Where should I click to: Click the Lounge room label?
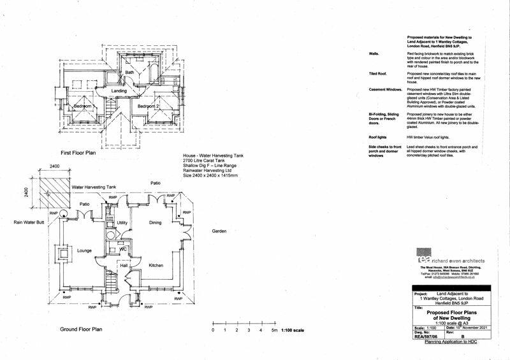click(x=86, y=251)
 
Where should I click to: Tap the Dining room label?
click(x=156, y=223)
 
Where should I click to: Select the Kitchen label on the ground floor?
click(x=157, y=264)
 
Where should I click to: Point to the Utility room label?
click(x=122, y=222)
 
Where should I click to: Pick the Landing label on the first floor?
click(x=119, y=91)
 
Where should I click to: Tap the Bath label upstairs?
click(x=129, y=73)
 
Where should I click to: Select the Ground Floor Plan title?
click(x=81, y=329)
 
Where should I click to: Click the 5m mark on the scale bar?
click(x=273, y=331)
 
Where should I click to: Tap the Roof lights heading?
click(x=379, y=137)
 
